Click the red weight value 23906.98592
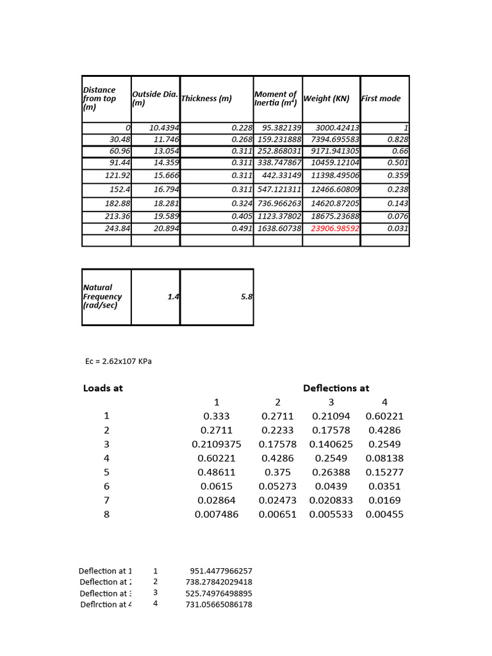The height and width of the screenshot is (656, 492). click(x=335, y=229)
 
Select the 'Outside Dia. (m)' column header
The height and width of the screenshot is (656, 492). click(x=154, y=98)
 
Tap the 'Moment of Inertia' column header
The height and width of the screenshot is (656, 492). click(x=275, y=98)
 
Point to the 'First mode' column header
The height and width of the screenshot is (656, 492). click(x=381, y=98)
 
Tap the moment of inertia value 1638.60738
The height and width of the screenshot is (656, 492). click(x=279, y=229)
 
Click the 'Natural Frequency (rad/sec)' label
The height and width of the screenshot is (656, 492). click(x=102, y=297)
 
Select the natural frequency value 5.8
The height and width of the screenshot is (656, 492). click(x=247, y=297)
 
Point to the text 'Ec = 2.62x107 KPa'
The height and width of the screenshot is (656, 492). click(x=119, y=361)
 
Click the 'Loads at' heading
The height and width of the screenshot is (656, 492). click(x=102, y=388)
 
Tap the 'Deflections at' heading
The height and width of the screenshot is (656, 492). click(x=336, y=388)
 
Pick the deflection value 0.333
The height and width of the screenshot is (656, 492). click(x=217, y=416)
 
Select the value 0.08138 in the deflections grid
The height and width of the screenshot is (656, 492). click(x=384, y=458)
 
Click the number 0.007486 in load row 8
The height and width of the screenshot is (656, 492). click(x=217, y=514)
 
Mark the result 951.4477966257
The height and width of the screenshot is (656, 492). click(x=221, y=571)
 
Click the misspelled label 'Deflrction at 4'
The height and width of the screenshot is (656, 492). click(x=104, y=604)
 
